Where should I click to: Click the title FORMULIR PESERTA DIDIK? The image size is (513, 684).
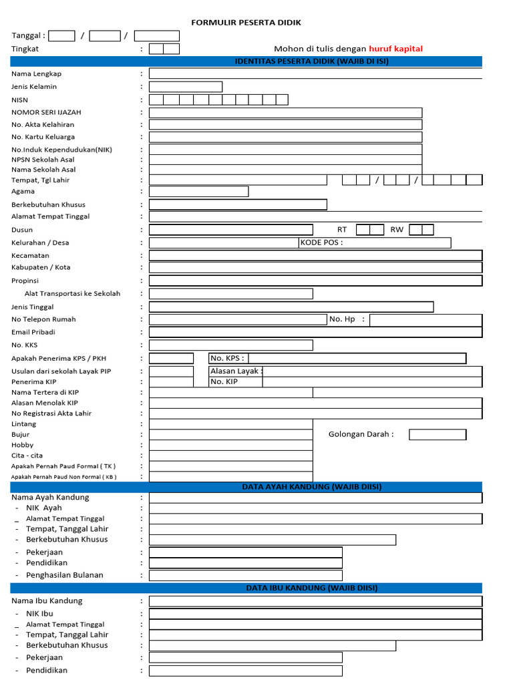pos(246,23)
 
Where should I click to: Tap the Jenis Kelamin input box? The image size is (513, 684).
pos(185,87)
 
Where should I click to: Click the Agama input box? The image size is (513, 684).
pos(198,192)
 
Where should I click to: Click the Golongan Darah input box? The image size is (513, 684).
pos(438,435)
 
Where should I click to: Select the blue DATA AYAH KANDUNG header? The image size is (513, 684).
pos(312,487)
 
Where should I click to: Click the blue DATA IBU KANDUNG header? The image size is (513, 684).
pos(312,588)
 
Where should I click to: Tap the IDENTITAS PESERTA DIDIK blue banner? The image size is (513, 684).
pos(312,61)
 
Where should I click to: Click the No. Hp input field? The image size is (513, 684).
pos(425,320)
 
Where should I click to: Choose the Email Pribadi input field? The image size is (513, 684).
pos(315,332)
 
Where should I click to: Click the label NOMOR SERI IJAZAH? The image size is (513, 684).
pos(46,112)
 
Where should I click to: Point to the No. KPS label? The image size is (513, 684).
pos(227,358)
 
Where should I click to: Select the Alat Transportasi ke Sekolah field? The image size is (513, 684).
pos(230,294)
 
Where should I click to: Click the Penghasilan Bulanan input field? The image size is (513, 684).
pos(245,575)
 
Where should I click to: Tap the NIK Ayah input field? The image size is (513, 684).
pos(315,508)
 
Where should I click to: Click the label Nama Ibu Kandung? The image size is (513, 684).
pos(47,601)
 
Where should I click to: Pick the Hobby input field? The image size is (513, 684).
pos(230,445)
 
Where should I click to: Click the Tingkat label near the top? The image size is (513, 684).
pos(25,49)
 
